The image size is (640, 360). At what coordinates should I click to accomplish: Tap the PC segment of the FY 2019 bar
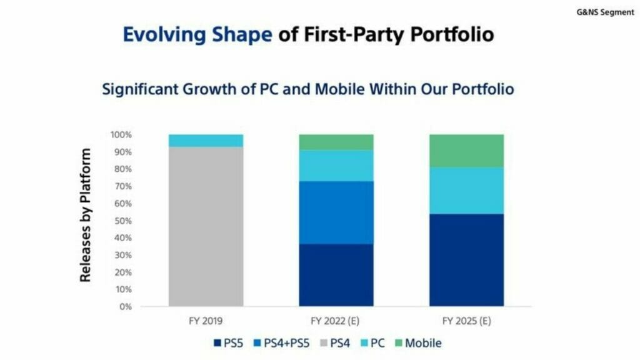(x=206, y=141)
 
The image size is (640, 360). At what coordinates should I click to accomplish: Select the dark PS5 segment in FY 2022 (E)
(x=336, y=275)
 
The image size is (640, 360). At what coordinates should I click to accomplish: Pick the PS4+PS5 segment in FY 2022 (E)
(x=336, y=212)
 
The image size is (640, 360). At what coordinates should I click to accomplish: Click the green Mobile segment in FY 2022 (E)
(x=336, y=142)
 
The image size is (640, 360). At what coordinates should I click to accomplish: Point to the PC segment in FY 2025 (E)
(x=466, y=190)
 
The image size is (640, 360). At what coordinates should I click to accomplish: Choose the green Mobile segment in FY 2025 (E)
(x=466, y=150)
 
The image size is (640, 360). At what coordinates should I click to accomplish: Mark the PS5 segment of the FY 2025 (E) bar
(x=466, y=260)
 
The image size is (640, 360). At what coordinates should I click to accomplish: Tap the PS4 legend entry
(x=339, y=342)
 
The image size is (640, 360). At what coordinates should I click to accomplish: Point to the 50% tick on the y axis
(x=122, y=221)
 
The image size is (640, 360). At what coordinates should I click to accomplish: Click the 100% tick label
(x=120, y=135)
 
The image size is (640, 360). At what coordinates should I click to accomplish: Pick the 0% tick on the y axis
(x=125, y=307)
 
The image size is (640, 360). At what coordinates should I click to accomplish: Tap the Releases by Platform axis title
(x=86, y=214)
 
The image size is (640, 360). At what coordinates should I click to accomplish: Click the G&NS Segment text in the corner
(x=604, y=12)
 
